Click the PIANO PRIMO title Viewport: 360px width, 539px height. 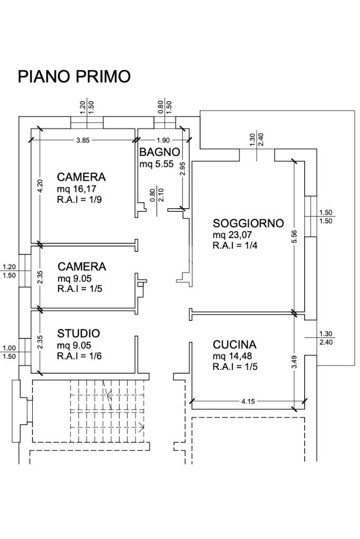click(x=74, y=76)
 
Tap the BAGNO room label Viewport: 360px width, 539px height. click(x=160, y=152)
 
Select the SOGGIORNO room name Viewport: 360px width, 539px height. click(x=248, y=223)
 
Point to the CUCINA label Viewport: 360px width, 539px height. click(x=235, y=345)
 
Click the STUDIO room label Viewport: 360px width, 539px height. click(x=79, y=333)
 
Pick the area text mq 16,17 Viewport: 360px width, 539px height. click(x=77, y=189)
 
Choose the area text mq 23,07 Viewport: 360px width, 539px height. click(x=233, y=234)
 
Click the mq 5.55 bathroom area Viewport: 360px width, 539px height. click(x=156, y=164)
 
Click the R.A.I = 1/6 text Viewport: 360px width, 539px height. click(x=79, y=356)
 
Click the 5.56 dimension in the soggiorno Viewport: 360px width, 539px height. click(x=295, y=237)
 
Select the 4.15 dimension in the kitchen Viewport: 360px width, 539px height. click(x=248, y=401)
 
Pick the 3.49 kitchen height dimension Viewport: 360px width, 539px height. click(x=295, y=362)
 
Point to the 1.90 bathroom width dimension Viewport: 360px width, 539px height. click(x=163, y=140)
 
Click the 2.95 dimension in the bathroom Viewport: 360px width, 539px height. click(x=182, y=169)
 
